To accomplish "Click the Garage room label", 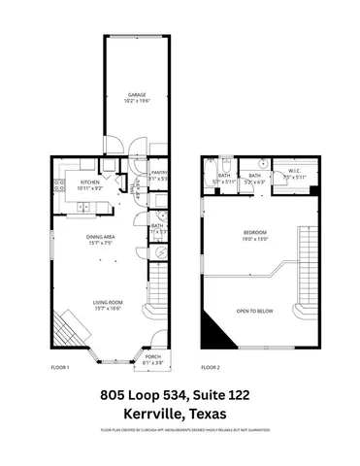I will coord(135,94).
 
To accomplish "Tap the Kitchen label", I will coord(90,182).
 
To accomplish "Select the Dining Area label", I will coord(102,237).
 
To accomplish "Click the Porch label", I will coord(152,357).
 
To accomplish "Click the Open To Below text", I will coord(255,312).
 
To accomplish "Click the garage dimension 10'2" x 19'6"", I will coord(135,100).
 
